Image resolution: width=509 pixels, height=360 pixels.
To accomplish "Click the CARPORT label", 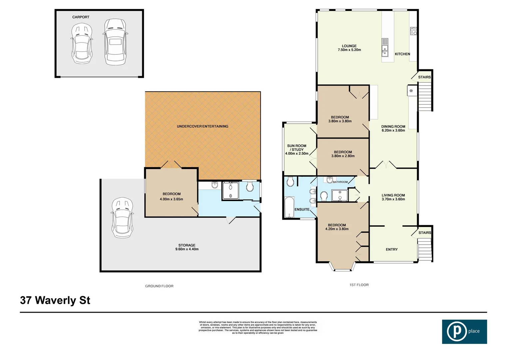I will tap(81, 17).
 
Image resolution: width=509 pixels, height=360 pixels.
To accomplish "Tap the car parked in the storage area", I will tap(122, 218).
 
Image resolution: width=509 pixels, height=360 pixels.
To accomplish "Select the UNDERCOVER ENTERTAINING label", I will tap(203, 126).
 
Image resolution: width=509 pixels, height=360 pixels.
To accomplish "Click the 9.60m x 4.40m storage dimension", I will tap(187, 249).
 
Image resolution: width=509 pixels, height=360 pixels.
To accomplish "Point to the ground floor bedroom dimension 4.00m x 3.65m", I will tap(171, 199).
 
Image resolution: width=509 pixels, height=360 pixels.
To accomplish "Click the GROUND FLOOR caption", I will tap(159, 286).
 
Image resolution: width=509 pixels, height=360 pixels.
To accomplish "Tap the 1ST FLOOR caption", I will tap(359, 285).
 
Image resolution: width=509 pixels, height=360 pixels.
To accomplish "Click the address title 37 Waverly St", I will tap(55, 300).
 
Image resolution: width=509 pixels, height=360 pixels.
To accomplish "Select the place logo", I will tap(464, 332).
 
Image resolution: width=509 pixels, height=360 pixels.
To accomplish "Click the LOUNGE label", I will tap(349, 46).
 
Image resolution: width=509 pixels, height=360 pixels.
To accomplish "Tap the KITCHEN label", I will tap(402, 54).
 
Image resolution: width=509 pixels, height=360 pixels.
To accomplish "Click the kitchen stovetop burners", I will tap(413, 31).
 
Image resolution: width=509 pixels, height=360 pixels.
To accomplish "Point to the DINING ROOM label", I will tap(393, 127).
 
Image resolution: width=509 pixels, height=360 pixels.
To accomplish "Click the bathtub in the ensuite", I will tap(289, 207).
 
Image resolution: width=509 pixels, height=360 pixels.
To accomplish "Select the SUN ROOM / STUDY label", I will tap(296, 148).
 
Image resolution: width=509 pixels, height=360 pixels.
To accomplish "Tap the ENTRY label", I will tap(392, 249).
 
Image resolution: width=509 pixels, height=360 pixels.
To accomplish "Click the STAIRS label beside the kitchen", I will tap(424, 77).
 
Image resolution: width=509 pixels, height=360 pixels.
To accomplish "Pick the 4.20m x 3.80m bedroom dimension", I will tap(337, 229).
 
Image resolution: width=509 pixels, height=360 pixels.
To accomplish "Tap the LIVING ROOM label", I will tap(393, 195).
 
